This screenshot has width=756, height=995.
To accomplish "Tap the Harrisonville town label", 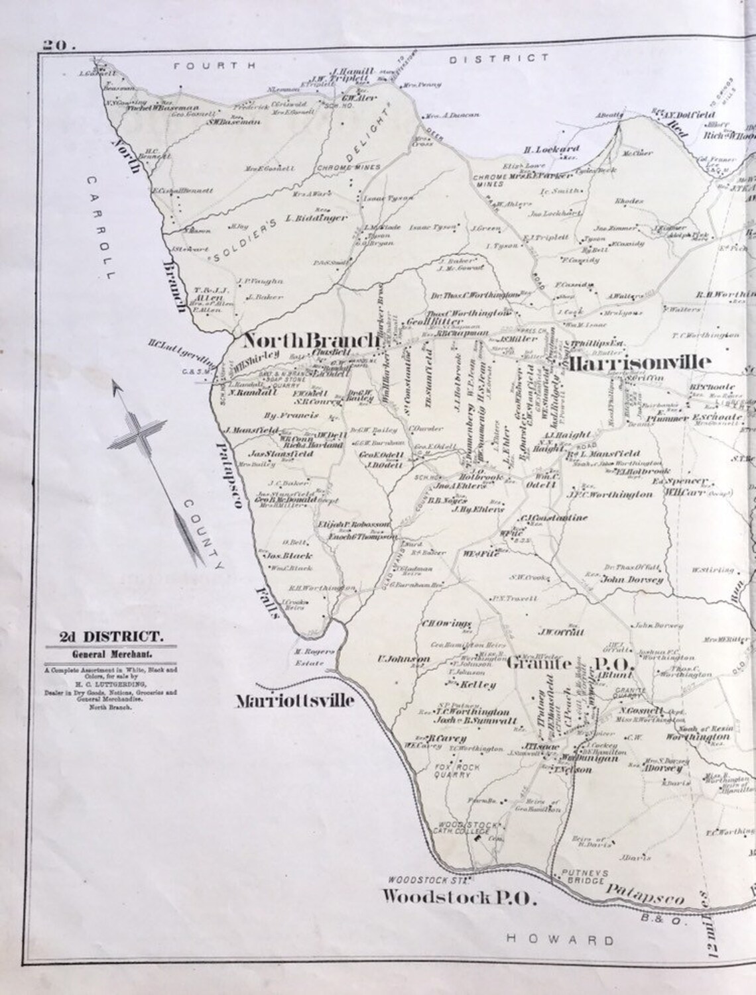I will click(639, 362).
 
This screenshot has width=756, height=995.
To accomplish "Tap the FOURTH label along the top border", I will click(215, 65).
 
